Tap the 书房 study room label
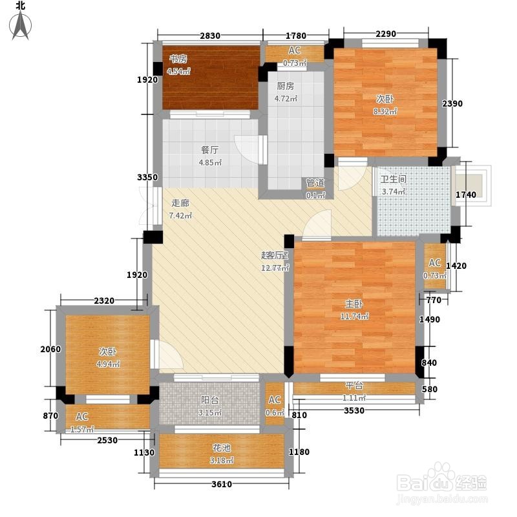178,59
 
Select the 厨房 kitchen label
285,86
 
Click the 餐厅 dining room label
209,150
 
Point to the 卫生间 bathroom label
394,179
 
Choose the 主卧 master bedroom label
354,304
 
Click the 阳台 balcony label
209,400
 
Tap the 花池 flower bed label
222,448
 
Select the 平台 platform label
354,385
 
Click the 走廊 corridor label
180,203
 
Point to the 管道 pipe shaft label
315,183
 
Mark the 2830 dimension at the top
210,36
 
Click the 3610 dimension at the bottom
222,484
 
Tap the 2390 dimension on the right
452,103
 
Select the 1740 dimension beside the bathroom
466,195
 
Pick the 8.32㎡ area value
385,111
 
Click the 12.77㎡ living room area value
275,268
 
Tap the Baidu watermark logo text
441,482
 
